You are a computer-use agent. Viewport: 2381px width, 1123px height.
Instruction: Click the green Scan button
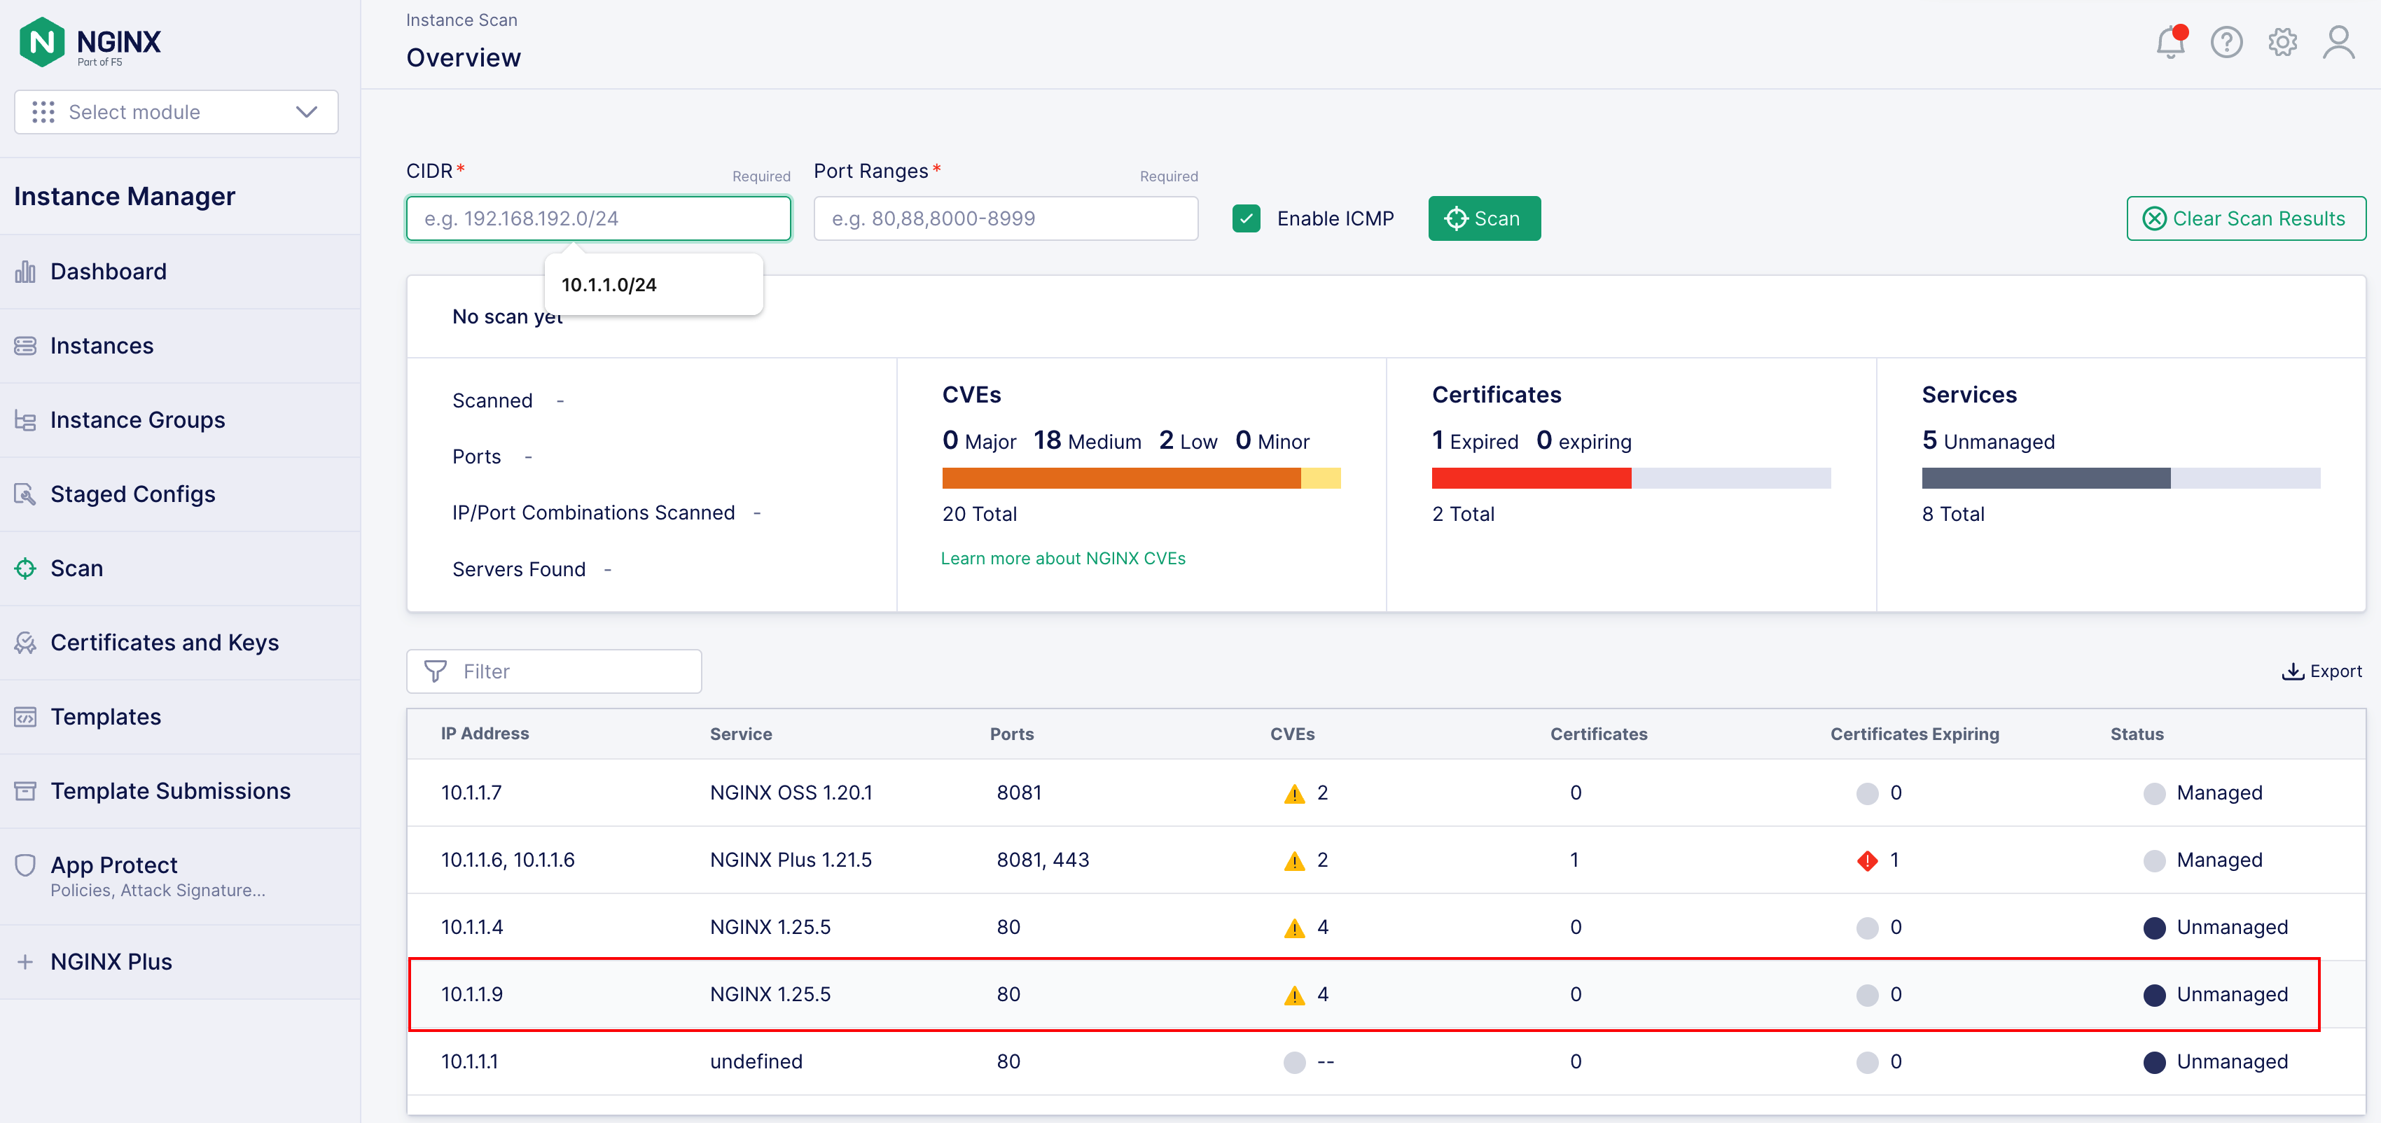[x=1483, y=218]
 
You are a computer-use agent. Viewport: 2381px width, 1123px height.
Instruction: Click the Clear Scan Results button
[x=2245, y=218]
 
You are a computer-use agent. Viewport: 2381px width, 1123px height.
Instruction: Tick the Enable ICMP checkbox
[x=1246, y=218]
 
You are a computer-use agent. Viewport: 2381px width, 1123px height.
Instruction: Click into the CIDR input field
[x=598, y=218]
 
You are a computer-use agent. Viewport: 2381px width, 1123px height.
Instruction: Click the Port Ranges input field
[x=1006, y=218]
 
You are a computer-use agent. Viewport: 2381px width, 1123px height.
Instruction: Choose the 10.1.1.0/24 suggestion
[x=609, y=285]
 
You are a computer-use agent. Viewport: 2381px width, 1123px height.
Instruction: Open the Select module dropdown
[x=176, y=112]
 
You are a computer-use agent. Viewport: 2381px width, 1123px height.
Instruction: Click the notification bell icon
[x=2170, y=41]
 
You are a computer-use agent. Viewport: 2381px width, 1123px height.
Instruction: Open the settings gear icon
[x=2282, y=41]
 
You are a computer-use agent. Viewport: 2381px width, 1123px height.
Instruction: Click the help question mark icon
[x=2226, y=41]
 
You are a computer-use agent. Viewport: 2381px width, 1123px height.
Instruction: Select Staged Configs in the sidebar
[x=133, y=494]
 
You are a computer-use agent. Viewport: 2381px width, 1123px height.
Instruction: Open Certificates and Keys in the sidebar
[x=165, y=643]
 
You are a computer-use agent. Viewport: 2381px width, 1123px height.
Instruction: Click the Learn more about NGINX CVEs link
[x=1063, y=558]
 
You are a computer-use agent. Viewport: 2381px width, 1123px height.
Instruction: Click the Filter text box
[x=554, y=671]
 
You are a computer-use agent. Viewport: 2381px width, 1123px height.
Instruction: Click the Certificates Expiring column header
[x=1914, y=734]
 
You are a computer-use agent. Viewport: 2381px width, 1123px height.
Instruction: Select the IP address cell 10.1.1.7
[x=471, y=793]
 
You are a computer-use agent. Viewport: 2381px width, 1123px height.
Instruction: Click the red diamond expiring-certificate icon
[x=1867, y=860]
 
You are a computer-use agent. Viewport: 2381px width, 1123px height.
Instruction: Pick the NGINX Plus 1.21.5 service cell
[x=790, y=860]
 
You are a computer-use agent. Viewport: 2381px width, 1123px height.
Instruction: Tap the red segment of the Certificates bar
[x=1532, y=478]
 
